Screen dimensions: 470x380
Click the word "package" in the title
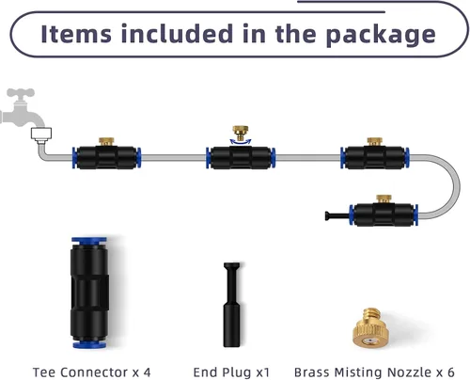coord(381,35)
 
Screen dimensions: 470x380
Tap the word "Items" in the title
coord(76,33)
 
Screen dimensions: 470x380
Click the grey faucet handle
coord(21,93)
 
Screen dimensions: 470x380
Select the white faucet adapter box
coord(41,134)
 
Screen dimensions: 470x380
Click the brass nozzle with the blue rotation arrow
coord(241,133)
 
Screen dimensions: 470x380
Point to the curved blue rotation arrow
coord(241,142)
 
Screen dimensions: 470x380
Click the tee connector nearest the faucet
coord(106,158)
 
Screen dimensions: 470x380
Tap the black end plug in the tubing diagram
coord(337,215)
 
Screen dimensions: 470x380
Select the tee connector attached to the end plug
coord(384,215)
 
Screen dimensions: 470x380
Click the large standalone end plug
coord(232,305)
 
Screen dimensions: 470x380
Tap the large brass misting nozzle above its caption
coord(371,328)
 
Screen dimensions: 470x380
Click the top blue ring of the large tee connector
coord(89,241)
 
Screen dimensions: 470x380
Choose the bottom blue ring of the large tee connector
coord(89,345)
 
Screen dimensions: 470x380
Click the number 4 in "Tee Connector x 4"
coord(147,372)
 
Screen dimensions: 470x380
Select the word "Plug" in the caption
coord(236,372)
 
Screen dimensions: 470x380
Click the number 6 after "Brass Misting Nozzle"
coord(450,372)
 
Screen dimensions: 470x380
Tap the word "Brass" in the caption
coord(312,372)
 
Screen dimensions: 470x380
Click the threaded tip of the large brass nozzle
coord(371,313)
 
